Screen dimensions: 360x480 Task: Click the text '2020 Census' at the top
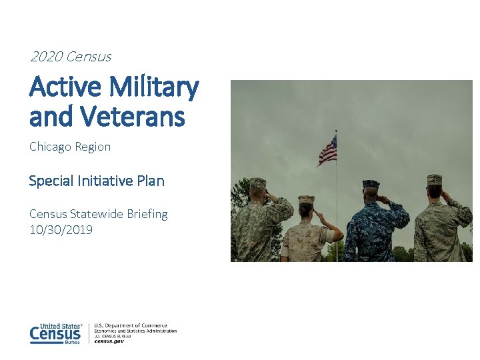click(70, 57)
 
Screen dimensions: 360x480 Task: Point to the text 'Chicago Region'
click(70, 147)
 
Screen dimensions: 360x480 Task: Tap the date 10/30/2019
click(61, 230)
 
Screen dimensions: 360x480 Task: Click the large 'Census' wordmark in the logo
click(55, 334)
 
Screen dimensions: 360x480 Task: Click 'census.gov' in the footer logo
click(109, 341)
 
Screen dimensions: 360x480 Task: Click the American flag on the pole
click(327, 150)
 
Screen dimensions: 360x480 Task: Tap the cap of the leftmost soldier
click(258, 183)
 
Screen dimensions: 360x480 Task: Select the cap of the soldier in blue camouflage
click(371, 184)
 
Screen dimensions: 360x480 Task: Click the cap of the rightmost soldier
click(434, 179)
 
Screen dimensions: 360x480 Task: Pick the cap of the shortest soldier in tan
click(306, 199)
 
